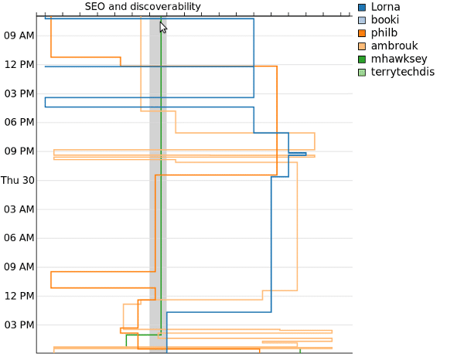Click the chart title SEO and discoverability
click(142, 6)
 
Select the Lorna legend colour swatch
click(362, 7)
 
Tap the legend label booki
click(385, 20)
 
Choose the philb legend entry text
click(384, 33)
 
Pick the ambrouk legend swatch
click(362, 46)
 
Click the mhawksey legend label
click(399, 59)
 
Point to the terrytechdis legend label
click(403, 72)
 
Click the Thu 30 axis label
click(18, 180)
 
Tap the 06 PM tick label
click(19, 122)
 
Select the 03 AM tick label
click(19, 209)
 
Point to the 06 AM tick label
click(19, 238)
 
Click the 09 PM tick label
click(19, 151)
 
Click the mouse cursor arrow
click(163, 28)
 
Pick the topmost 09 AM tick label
click(19, 36)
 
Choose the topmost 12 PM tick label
click(19, 64)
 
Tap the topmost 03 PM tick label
click(19, 93)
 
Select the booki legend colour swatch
click(362, 20)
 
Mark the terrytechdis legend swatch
click(362, 72)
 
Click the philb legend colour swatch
click(362, 33)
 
